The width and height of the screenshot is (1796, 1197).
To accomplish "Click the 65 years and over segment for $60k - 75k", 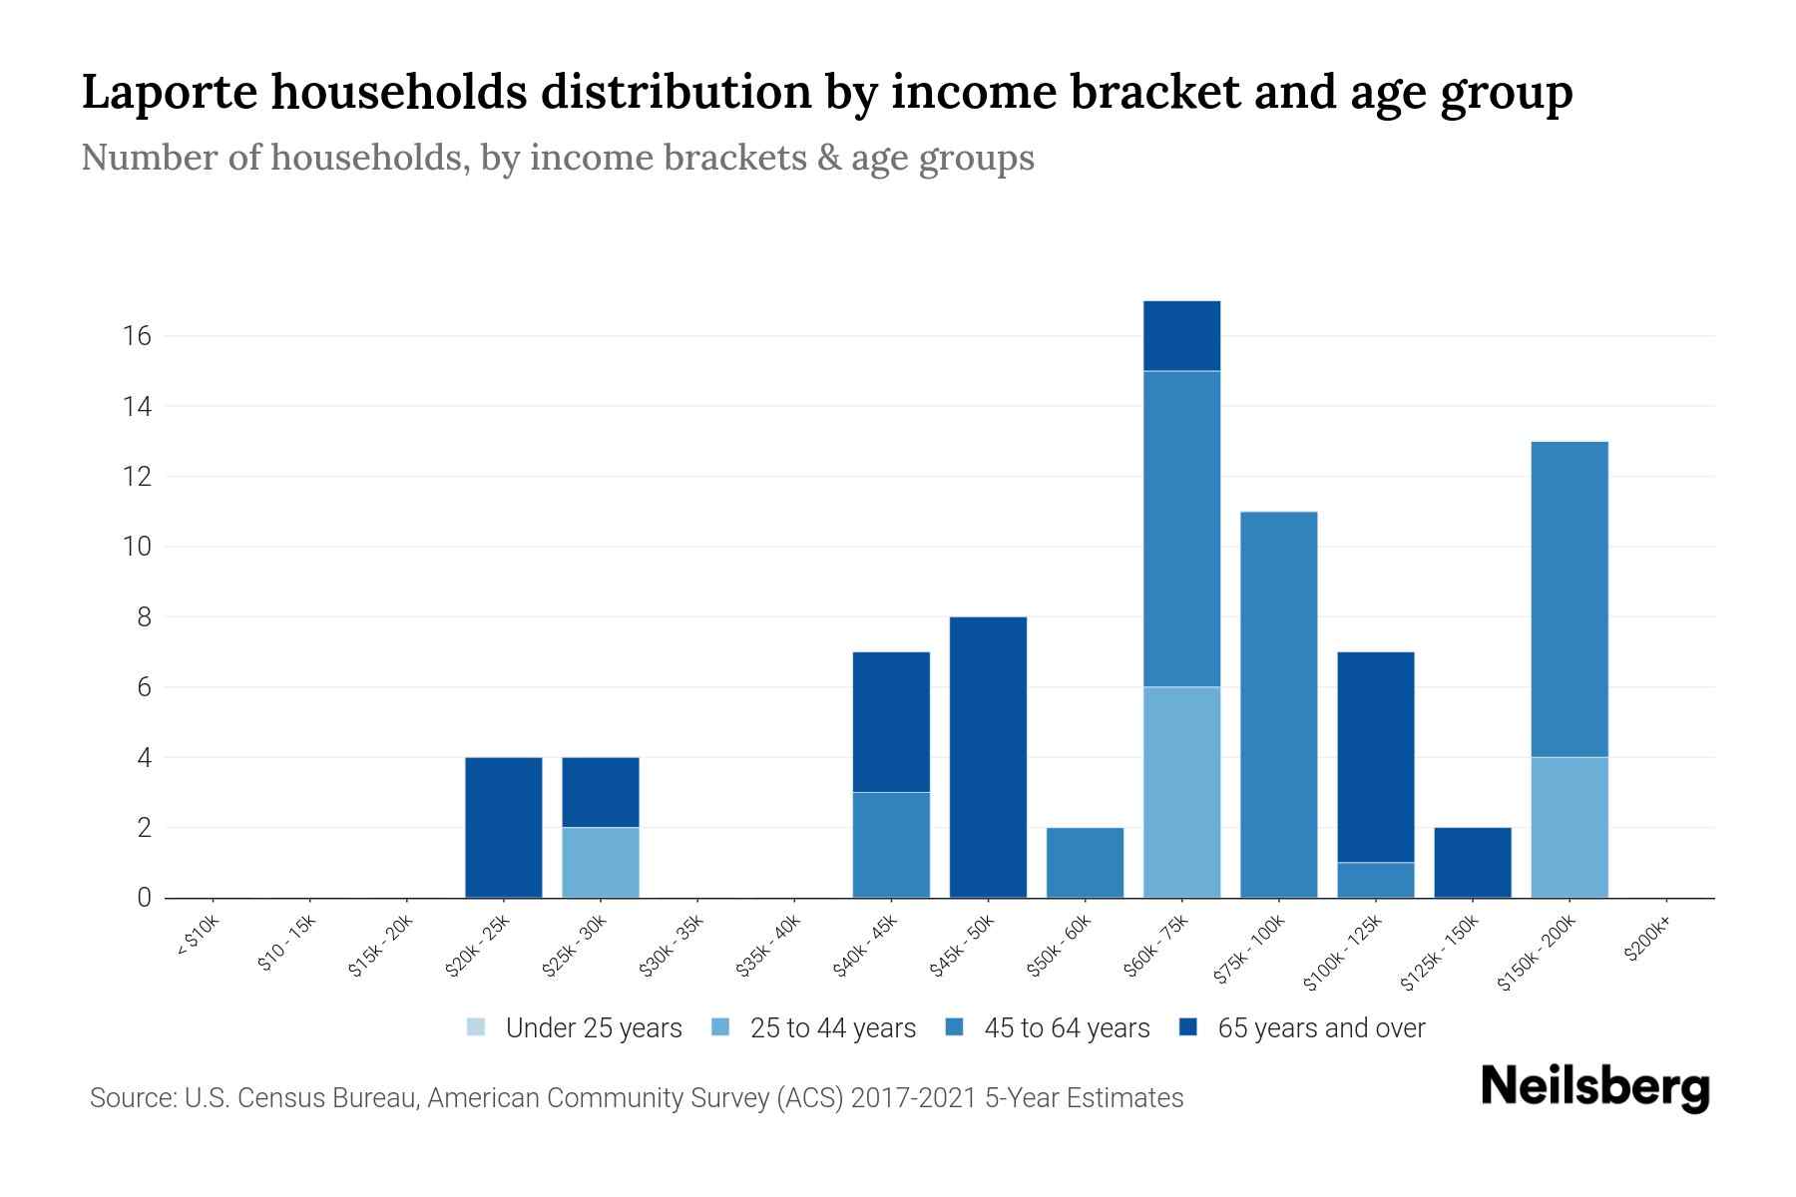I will (1181, 336).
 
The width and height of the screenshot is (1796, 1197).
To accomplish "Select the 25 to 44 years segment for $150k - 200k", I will (1570, 828).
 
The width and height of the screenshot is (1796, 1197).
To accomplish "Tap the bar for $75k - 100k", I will (1278, 705).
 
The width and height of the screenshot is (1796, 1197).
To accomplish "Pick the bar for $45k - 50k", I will (988, 758).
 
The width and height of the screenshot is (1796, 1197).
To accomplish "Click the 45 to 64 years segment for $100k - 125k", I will (1375, 880).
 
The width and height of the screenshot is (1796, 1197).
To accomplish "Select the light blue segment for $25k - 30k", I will (601, 863).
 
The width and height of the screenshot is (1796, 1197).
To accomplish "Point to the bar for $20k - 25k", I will (504, 828).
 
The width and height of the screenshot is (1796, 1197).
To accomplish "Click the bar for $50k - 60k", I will (1085, 863).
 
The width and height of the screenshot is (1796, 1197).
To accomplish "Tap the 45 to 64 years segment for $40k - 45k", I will (891, 845).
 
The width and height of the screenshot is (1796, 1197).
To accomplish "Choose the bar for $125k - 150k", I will (1473, 863).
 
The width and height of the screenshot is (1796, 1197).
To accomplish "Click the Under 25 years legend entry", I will (575, 1028).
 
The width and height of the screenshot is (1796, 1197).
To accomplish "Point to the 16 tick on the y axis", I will (138, 336).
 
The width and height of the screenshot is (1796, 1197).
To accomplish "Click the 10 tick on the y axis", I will (138, 547).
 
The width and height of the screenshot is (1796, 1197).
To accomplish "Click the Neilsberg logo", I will (1595, 1087).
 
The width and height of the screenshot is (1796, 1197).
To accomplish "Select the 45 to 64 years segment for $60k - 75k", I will (1181, 529).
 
